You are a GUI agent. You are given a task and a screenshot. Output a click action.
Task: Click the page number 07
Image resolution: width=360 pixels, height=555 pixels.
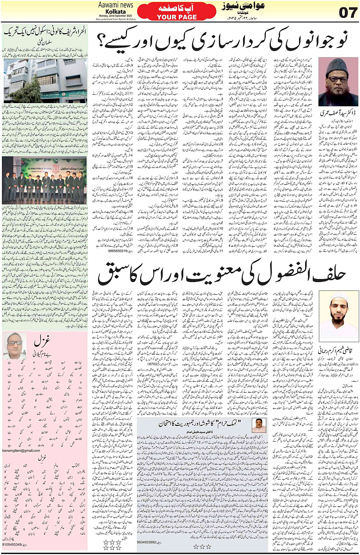pos(348,13)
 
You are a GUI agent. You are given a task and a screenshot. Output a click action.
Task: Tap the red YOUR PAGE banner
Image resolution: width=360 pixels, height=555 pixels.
pos(177,12)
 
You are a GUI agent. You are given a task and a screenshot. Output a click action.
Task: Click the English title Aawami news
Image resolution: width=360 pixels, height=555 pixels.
pos(115,5)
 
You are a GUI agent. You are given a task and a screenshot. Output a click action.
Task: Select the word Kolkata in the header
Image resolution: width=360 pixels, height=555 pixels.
pos(115,11)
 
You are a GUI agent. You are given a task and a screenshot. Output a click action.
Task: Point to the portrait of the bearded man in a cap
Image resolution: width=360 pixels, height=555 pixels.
pos(338,81)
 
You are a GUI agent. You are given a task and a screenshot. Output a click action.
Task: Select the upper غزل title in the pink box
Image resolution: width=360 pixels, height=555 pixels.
pos(41,341)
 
